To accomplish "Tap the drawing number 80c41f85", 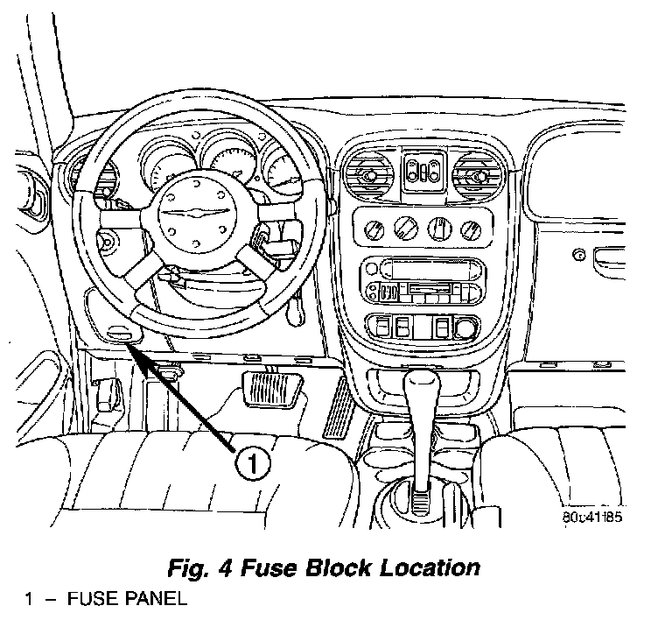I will (x=592, y=518).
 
